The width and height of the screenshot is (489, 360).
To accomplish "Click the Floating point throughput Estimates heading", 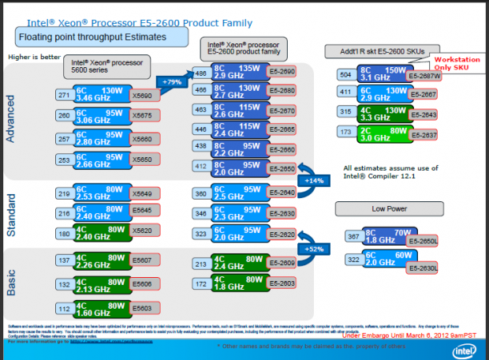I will pos(102,37).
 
